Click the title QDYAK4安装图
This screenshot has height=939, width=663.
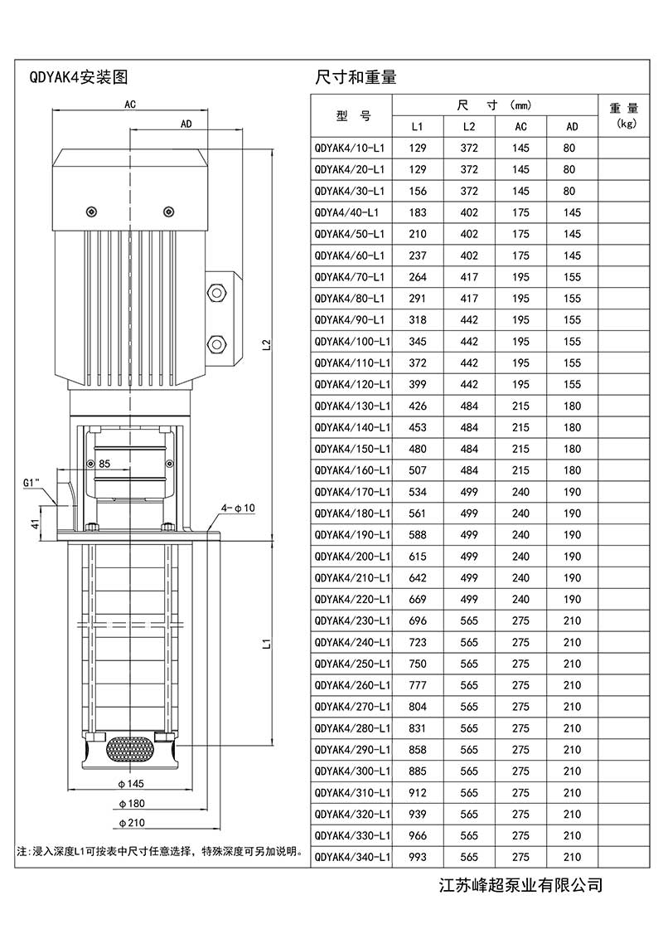coord(79,79)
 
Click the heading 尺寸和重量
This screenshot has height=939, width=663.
coord(356,79)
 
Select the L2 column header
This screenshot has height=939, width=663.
coord(469,126)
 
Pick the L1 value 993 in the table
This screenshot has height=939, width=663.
coord(418,858)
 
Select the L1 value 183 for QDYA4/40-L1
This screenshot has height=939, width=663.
coord(418,212)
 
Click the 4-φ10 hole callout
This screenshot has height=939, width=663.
coord(238,507)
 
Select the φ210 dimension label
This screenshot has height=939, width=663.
coord(132,823)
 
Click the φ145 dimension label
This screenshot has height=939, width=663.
coord(132,783)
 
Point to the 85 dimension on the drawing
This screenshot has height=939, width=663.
coord(104,464)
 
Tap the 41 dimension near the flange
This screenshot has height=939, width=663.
coord(34,523)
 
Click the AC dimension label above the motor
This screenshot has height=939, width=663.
coord(130,105)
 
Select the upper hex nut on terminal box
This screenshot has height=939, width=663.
coord(218,293)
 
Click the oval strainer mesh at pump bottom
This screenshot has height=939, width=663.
coord(129,748)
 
